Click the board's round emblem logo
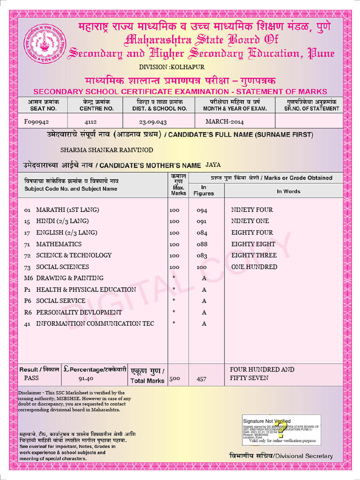pyautogui.click(x=45, y=45)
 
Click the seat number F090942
pyautogui.click(x=37, y=122)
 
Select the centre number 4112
pyautogui.click(x=90, y=122)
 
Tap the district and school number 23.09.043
pyautogui.click(x=153, y=122)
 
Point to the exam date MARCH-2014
pyautogui.click(x=225, y=122)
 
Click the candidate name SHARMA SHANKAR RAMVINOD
pyautogui.click(x=107, y=150)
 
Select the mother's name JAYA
pyautogui.click(x=213, y=165)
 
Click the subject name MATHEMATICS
pyautogui.click(x=59, y=244)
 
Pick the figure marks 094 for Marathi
pyautogui.click(x=202, y=210)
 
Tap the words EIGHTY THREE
pyautogui.click(x=254, y=255)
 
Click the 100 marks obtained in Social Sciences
pyautogui.click(x=202, y=267)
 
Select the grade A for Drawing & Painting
pyautogui.click(x=204, y=278)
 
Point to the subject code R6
pyautogui.click(x=28, y=313)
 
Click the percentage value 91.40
pyautogui.click(x=86, y=378)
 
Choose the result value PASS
pyautogui.click(x=32, y=378)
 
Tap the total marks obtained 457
pyautogui.click(x=201, y=379)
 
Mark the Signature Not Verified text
pyautogui.click(x=267, y=421)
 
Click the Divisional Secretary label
pyautogui.click(x=281, y=456)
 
